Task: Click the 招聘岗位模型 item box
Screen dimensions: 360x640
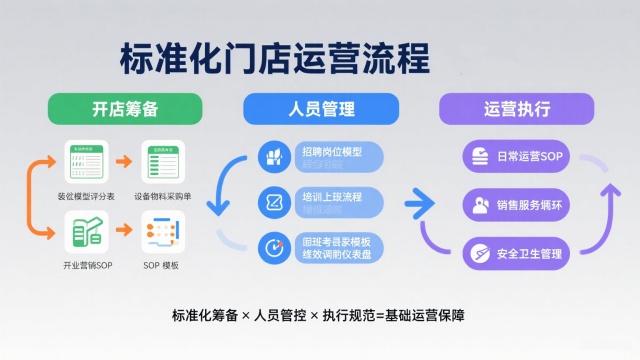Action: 321,156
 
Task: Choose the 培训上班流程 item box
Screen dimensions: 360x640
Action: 321,200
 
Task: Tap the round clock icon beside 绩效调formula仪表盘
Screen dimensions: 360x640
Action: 273,246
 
